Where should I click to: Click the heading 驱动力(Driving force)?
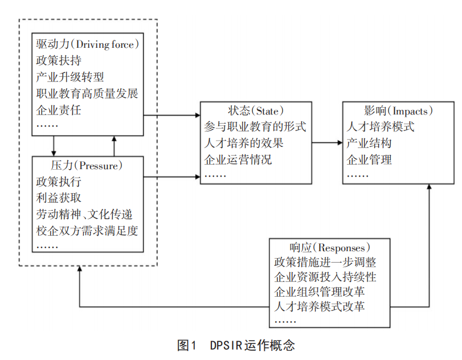[x=88, y=43]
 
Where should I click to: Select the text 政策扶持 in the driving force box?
[x=58, y=60]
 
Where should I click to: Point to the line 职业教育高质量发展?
[x=87, y=93]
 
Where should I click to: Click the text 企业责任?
[x=58, y=110]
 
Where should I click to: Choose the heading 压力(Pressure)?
[x=87, y=166]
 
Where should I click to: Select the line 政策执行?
[x=58, y=182]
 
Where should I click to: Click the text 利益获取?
[x=58, y=199]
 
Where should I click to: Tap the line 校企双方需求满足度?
[x=87, y=231]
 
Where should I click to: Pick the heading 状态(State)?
[x=256, y=111]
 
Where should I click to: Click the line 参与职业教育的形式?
[x=255, y=126]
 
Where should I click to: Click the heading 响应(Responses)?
[x=330, y=247]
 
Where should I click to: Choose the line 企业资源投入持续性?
[x=325, y=277]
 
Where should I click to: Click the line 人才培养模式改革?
[x=319, y=307]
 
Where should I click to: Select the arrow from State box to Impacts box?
[x=327, y=143]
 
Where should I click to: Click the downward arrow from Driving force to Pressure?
[x=54, y=145]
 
